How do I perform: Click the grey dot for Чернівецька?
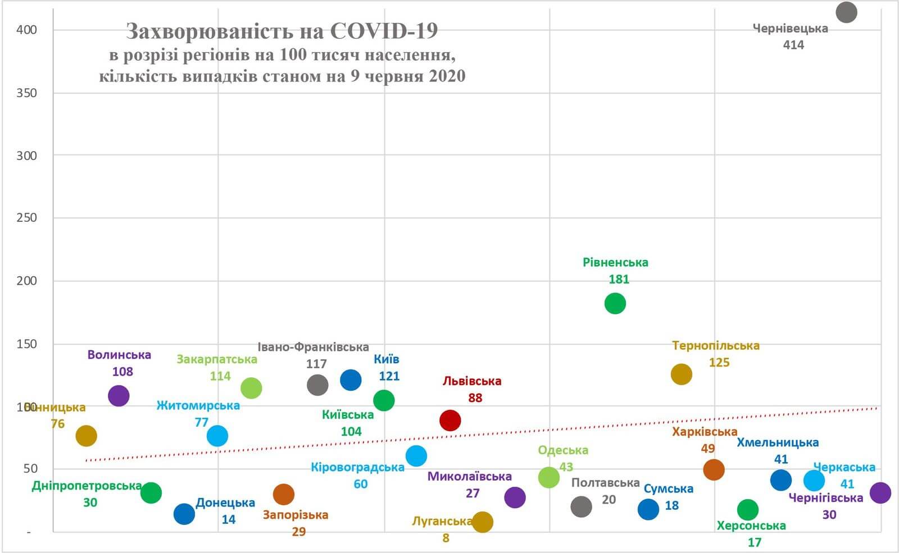[846, 12]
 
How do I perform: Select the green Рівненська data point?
[615, 304]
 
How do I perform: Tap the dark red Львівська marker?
[450, 420]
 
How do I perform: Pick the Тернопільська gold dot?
[681, 374]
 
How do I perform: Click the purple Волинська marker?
[119, 396]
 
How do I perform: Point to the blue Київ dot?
[351, 380]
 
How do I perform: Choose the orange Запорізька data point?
[284, 495]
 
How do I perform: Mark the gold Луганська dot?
[483, 522]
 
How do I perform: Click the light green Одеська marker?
[549, 477]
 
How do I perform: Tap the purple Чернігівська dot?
[880, 493]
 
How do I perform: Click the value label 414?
[793, 45]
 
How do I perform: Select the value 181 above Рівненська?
[619, 279]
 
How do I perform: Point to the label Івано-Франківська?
[313, 347]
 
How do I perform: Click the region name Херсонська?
[751, 526]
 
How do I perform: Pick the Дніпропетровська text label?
[87, 486]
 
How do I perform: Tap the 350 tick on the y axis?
[26, 93]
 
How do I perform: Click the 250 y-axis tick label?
[26, 218]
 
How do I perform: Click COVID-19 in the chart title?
[384, 31]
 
